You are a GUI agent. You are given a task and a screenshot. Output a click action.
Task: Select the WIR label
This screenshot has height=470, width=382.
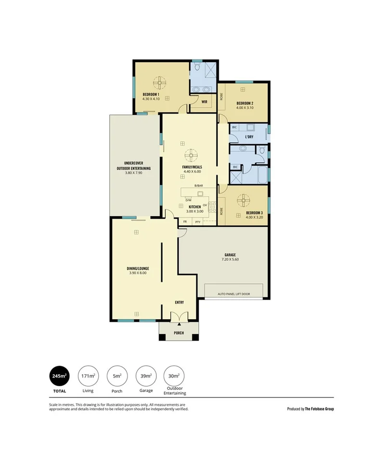[x=204, y=102]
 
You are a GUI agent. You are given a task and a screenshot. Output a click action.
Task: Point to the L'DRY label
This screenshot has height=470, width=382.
[x=249, y=137]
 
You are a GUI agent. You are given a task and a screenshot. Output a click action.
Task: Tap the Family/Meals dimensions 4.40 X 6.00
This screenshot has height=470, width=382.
[x=191, y=171]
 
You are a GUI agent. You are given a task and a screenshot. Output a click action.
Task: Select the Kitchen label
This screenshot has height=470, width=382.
[x=194, y=207]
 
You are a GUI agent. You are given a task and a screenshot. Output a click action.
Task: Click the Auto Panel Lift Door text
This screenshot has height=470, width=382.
[x=234, y=293]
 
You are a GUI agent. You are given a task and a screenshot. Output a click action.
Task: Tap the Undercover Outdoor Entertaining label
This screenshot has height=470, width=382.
[x=133, y=166]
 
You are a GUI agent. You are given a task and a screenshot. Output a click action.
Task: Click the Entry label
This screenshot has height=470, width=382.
[x=179, y=302]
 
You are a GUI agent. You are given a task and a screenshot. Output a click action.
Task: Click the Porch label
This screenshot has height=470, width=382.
[x=178, y=333]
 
